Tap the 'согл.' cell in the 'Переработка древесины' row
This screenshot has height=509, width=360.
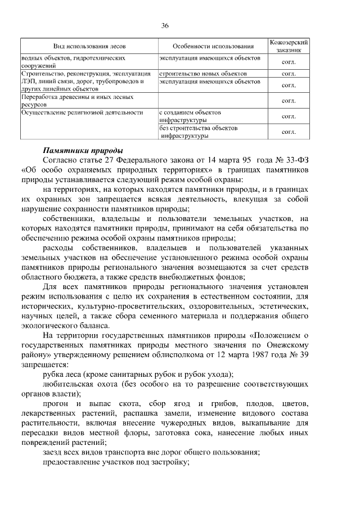[x=289, y=101]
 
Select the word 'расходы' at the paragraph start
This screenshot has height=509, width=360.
[x=59, y=248]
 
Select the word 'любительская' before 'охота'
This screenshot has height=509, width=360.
[x=67, y=385]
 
